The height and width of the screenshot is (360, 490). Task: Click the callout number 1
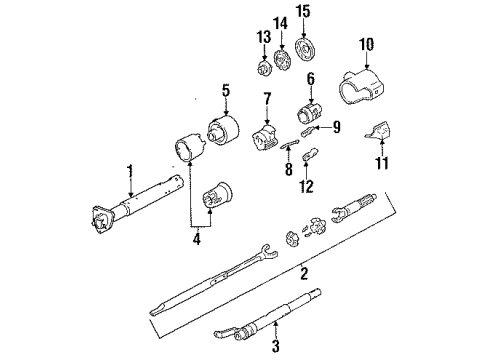tap(130, 171)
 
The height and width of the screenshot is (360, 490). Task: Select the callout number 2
tap(304, 272)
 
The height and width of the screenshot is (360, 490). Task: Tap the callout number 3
tap(276, 346)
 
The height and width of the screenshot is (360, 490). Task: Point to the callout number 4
tap(197, 239)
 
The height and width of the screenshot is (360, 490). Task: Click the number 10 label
tap(366, 44)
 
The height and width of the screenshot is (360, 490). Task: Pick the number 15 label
tap(303, 11)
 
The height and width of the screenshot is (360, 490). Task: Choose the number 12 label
tap(307, 187)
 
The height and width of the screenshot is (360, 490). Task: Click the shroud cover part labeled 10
tap(363, 86)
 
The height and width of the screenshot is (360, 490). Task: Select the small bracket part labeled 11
tap(378, 131)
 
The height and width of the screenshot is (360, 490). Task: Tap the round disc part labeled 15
tap(305, 50)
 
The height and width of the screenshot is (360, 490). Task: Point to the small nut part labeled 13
tap(265, 68)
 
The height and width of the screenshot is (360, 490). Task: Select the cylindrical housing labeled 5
tap(223, 130)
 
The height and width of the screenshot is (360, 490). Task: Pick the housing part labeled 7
tap(264, 138)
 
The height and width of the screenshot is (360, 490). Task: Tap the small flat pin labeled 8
tap(289, 143)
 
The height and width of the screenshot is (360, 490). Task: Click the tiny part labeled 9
tap(307, 131)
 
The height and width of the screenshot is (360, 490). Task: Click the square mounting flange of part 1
tap(101, 219)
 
